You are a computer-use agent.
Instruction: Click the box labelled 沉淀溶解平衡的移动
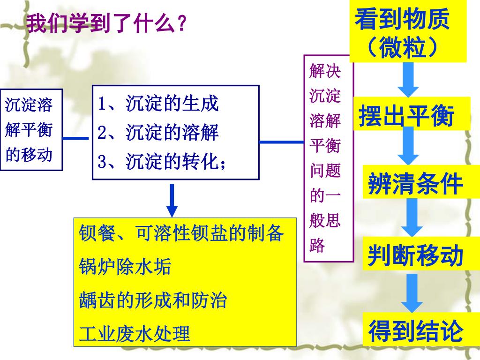(x=31, y=130)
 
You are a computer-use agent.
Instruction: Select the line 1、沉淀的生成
(x=158, y=104)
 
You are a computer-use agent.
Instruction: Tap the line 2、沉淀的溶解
(x=158, y=133)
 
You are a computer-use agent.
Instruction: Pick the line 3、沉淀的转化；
(x=162, y=162)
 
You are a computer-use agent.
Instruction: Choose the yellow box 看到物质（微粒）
(x=408, y=33)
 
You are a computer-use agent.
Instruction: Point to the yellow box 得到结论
(x=415, y=330)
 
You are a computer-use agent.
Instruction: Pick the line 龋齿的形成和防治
(x=153, y=300)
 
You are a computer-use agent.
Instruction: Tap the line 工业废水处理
(x=135, y=334)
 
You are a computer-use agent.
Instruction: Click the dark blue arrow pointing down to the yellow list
(x=173, y=200)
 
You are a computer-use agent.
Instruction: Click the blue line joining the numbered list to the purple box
(x=281, y=141)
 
